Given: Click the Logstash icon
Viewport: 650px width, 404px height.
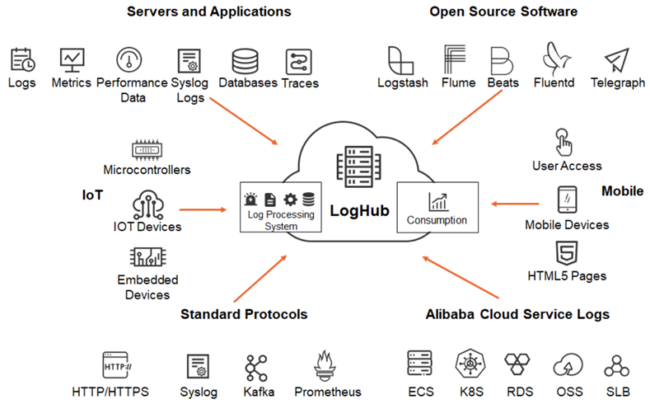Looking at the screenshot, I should point(401,60).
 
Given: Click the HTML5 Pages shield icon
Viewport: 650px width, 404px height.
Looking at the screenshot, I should point(566,252).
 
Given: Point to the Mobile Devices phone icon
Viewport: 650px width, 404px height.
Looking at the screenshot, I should point(566,200).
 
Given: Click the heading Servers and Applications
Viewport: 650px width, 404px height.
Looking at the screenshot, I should point(208,12).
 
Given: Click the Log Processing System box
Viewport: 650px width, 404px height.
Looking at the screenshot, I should point(281,209).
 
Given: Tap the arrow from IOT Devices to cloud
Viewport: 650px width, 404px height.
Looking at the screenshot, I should point(202,209).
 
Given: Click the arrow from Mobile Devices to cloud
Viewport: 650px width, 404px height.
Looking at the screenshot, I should point(516,202).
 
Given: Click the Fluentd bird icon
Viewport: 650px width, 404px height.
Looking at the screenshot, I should point(553,59).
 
